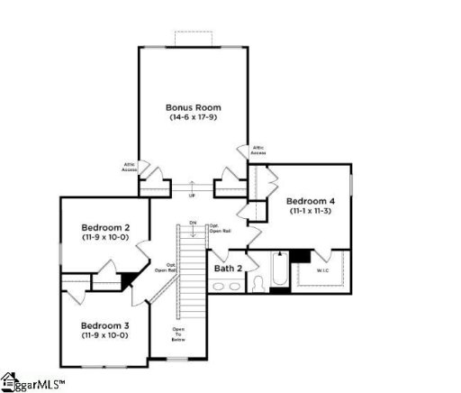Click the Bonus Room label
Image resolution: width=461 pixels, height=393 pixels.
pos(194,106)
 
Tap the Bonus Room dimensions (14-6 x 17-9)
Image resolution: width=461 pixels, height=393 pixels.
pos(194,117)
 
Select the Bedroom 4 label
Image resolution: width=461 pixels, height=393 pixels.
pos(312,200)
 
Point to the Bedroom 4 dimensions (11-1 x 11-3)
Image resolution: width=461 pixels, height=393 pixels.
pos(312,211)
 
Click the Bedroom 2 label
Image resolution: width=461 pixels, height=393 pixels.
pos(106,226)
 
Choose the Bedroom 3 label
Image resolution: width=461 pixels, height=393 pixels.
pos(106,324)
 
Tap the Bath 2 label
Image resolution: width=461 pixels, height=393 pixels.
pos(228,268)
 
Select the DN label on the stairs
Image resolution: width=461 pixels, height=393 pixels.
pos(192,222)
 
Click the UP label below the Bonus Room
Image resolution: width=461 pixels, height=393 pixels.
pos(191,196)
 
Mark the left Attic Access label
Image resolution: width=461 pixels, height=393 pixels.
pos(130,167)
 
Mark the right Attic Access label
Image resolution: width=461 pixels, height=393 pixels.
pos(258,150)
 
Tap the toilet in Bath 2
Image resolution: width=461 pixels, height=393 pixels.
pos(257,283)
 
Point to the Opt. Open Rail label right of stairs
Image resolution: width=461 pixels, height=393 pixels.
pos(215,229)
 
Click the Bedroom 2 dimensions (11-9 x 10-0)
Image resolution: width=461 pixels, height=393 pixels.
pos(106,237)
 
